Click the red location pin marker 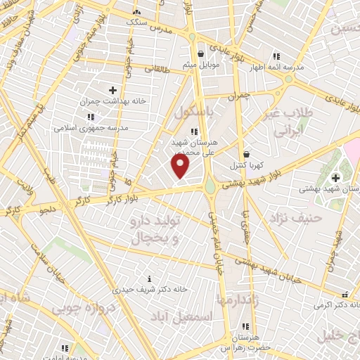click(181, 166)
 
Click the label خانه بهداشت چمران click(117, 101)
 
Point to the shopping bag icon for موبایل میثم click(201, 53)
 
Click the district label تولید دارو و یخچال click(156, 230)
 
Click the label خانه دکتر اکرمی click(335, 305)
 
